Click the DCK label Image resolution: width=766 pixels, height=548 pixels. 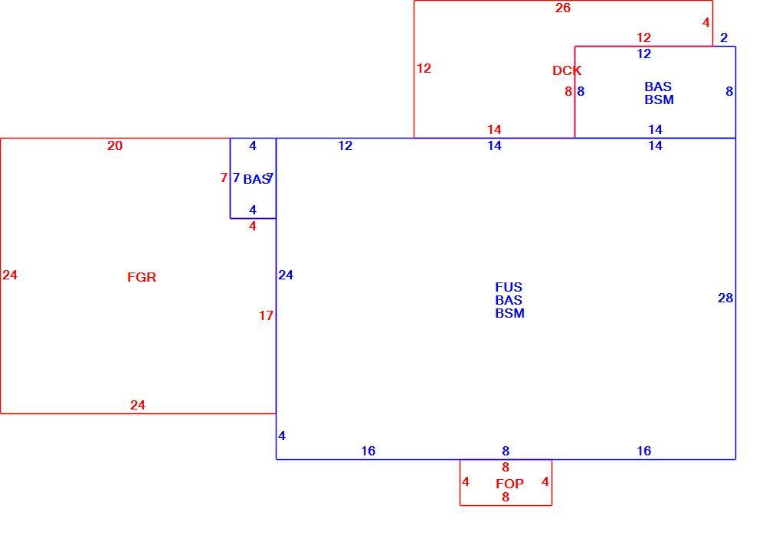(567, 70)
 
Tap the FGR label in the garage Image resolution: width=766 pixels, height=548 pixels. (142, 277)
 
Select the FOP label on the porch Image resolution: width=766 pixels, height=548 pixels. (509, 484)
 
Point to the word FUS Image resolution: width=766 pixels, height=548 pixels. (509, 287)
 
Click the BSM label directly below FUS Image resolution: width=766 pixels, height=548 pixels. (509, 313)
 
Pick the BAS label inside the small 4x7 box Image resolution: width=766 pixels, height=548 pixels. (257, 179)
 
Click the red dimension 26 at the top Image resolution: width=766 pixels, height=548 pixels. (563, 8)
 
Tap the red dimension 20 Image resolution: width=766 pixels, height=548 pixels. (115, 145)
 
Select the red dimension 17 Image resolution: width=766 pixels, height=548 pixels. (266, 316)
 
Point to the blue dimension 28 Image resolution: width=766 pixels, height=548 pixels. (725, 298)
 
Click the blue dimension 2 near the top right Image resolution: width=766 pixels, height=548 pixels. (724, 38)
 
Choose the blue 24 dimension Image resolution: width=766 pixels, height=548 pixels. (286, 276)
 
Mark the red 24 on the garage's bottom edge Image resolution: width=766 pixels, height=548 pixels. (138, 405)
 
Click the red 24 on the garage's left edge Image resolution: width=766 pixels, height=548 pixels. (10, 276)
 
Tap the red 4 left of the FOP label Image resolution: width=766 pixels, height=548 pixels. (466, 482)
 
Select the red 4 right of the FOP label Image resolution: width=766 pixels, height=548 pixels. (545, 482)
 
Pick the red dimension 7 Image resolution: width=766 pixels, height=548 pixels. (224, 178)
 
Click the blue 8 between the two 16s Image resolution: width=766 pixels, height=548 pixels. (506, 451)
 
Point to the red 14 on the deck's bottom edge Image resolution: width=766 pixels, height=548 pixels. (494, 129)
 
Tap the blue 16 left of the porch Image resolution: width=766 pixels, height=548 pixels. (368, 451)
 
